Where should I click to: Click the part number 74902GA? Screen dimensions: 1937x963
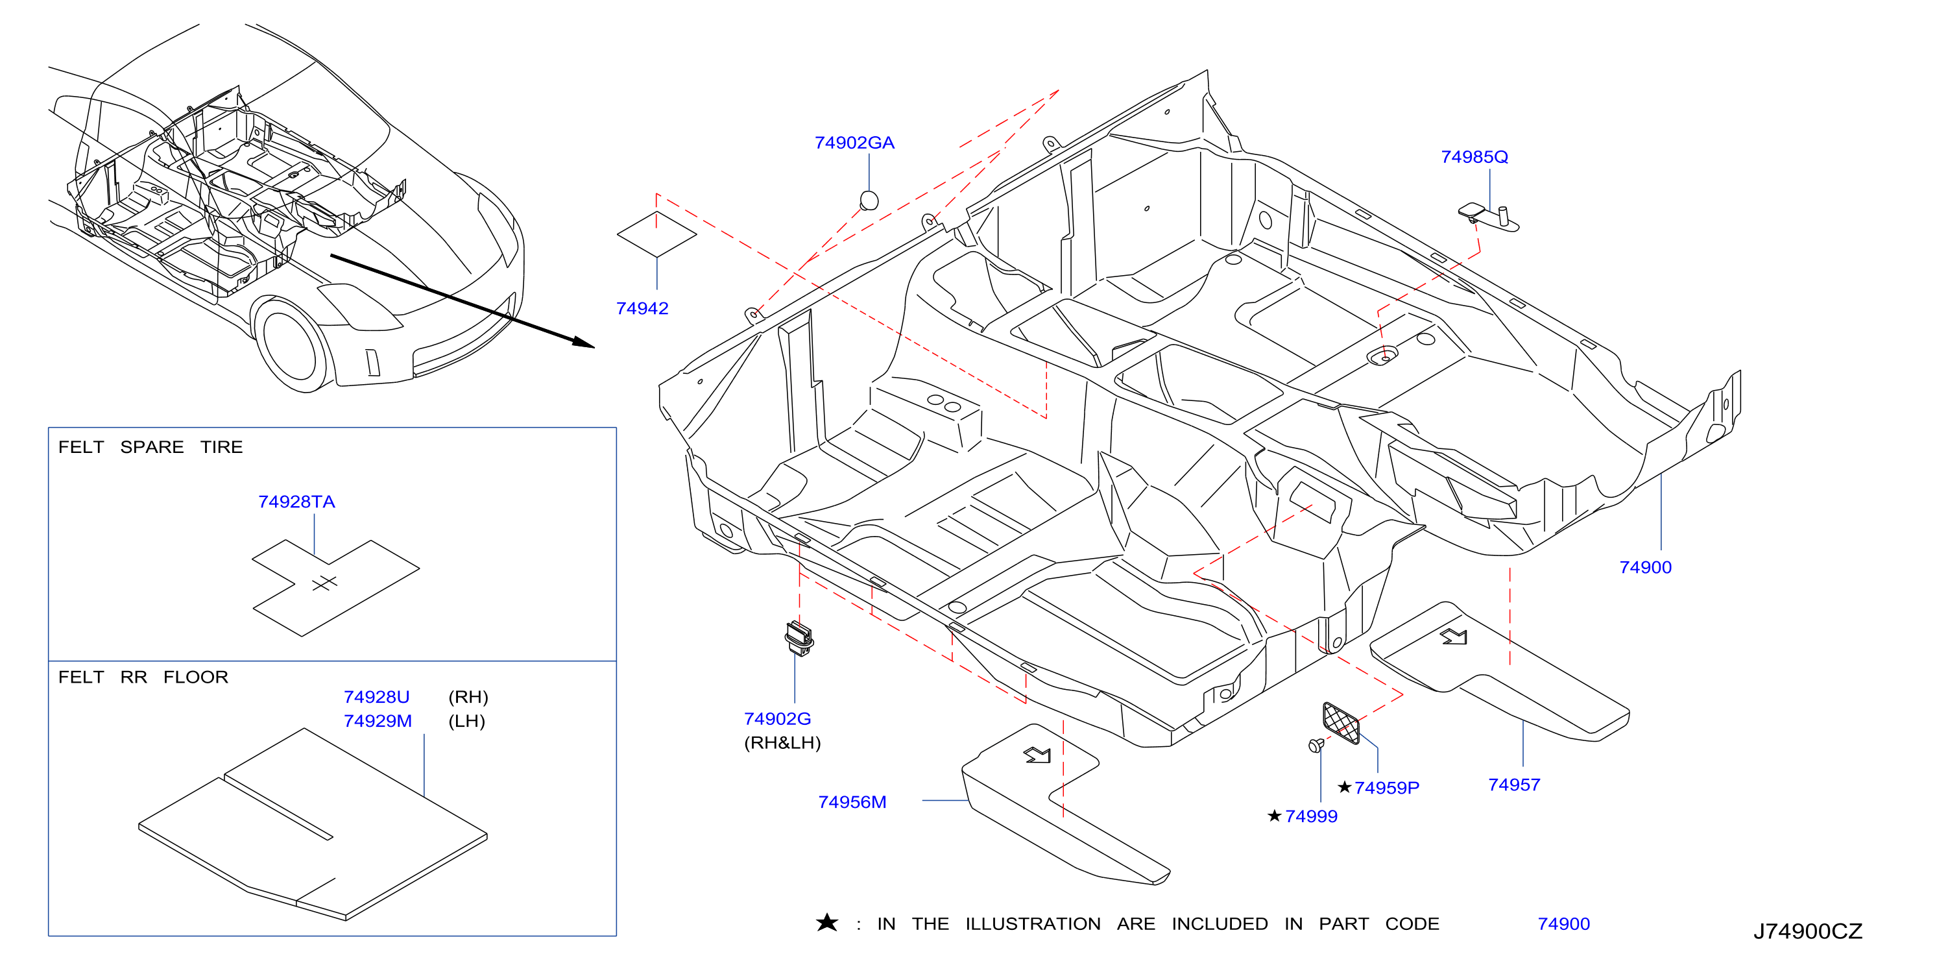(x=854, y=143)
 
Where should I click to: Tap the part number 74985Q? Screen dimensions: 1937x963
(x=1474, y=157)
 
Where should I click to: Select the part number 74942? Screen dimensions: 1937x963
(x=642, y=308)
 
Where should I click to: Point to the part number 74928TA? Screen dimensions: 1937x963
(x=296, y=502)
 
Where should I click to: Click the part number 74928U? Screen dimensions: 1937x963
(x=377, y=698)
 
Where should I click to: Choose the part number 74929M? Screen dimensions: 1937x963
(x=378, y=722)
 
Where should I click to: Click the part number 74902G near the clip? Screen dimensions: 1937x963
(x=778, y=719)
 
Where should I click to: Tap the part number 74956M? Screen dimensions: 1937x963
(x=852, y=803)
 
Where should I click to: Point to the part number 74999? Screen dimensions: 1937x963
(x=1312, y=816)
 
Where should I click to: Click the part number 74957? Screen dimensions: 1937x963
(x=1515, y=785)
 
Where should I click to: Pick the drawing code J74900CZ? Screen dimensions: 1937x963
(x=1808, y=931)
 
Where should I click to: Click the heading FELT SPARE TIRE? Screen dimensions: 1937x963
(x=150, y=447)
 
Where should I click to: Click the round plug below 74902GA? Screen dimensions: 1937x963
(x=869, y=200)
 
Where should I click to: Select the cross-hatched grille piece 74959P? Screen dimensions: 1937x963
(x=1341, y=722)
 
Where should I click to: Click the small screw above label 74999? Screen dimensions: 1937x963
(x=1316, y=745)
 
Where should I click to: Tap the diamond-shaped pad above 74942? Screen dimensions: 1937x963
(x=656, y=235)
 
